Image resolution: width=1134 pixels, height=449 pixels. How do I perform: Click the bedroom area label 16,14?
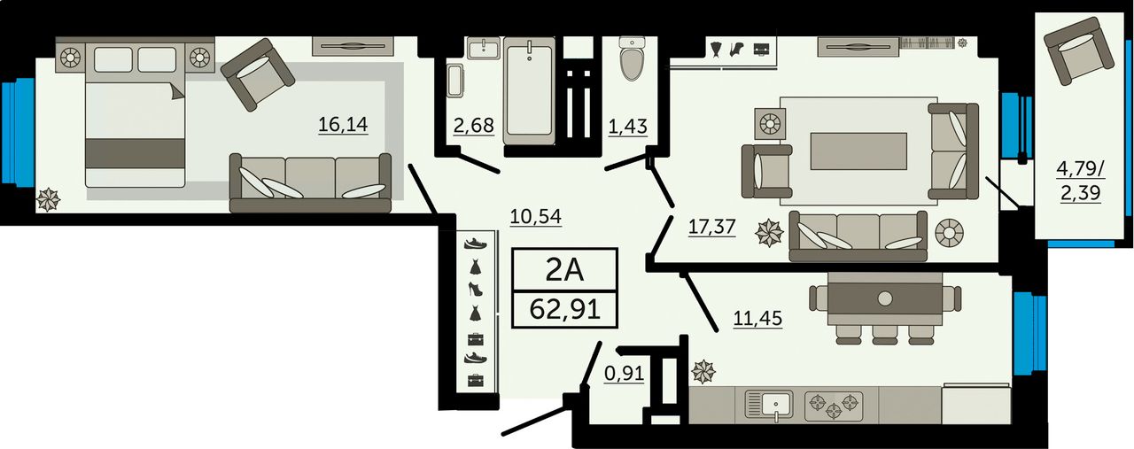pos(343,124)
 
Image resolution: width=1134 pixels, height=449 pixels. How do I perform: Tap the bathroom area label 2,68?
pos(474,125)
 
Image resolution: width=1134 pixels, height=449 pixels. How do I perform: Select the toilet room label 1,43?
pos(628,126)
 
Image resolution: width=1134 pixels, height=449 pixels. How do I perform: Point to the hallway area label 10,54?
pos(536,217)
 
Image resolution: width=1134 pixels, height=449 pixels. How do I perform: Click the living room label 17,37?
pos(711,227)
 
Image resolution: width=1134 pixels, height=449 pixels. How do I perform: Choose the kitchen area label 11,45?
pos(757,319)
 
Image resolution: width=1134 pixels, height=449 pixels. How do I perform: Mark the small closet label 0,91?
pos(625,374)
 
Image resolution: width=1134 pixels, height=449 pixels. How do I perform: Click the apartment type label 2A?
pos(565,271)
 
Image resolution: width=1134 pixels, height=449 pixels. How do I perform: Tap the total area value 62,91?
pos(565,309)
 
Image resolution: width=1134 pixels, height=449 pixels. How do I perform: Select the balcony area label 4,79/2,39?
pos(1081,181)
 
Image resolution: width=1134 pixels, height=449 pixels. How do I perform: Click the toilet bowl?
pos(633,58)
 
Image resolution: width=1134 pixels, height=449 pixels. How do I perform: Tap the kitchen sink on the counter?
pos(769,406)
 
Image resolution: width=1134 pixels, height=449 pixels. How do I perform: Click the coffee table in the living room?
pos(858,151)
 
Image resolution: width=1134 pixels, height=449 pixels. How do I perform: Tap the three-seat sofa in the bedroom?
pos(310,182)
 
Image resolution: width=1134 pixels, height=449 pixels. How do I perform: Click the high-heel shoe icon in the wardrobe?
pos(476,289)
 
